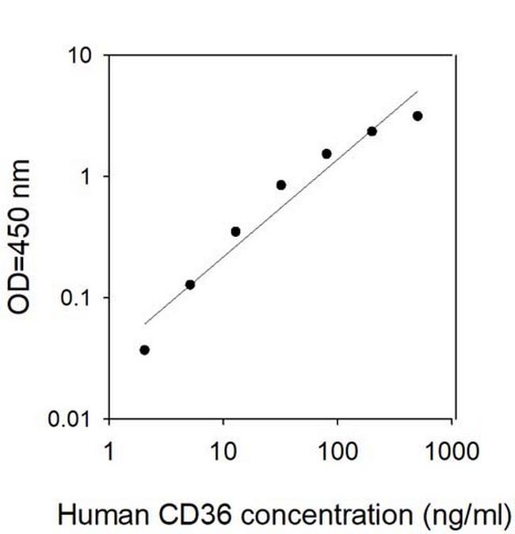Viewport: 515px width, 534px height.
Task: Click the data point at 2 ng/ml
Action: point(144,349)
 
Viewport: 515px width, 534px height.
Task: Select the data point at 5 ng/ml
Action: point(190,284)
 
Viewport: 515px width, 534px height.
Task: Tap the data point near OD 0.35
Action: point(235,231)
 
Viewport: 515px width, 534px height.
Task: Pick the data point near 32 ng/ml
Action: point(281,185)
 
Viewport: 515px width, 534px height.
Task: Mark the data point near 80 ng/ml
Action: point(326,154)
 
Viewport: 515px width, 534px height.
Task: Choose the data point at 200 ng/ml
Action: point(372,132)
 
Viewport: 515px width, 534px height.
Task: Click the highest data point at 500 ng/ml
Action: point(418,116)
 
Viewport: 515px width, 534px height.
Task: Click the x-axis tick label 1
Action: point(109,452)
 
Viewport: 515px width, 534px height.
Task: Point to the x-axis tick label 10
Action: point(223,452)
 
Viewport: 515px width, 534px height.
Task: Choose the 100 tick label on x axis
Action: point(338,452)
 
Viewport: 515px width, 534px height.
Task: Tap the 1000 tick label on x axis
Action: point(452,452)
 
